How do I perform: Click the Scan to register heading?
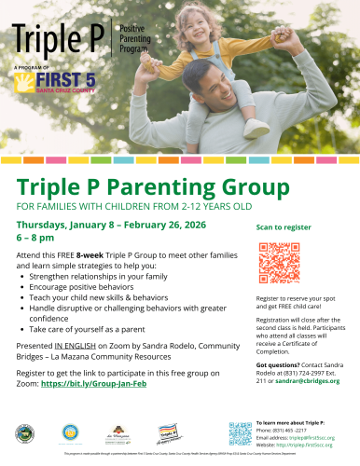click(284, 226)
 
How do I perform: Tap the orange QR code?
click(278, 261)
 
